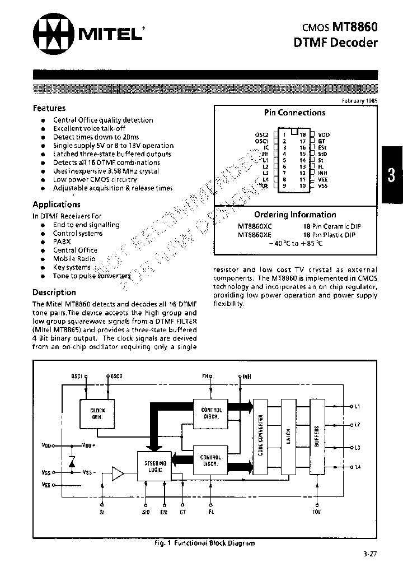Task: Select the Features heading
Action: tap(49, 108)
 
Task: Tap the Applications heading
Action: tap(57, 205)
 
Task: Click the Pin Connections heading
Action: tap(294, 113)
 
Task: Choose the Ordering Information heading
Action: tap(295, 215)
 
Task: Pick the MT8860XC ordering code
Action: tap(255, 226)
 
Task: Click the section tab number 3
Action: tap(391, 175)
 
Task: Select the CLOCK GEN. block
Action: tap(97, 414)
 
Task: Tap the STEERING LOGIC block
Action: tap(154, 466)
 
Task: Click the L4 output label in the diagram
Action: tap(357, 467)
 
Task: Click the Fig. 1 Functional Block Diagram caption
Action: tap(204, 543)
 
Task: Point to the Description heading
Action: tap(54, 292)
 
